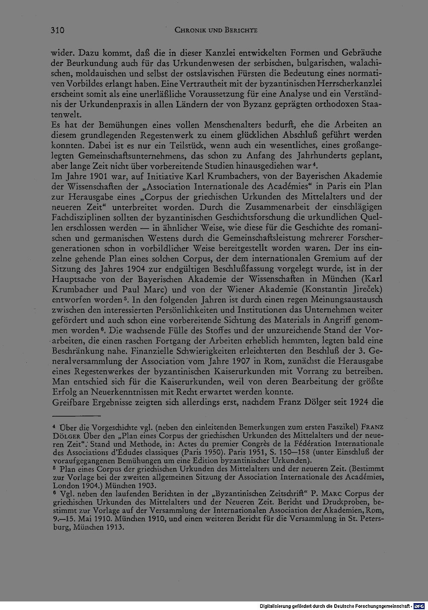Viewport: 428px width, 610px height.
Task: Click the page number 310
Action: pos(57,30)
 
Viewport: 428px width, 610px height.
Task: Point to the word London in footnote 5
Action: pos(65,486)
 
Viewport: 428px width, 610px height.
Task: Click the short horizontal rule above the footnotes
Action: pos(76,415)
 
